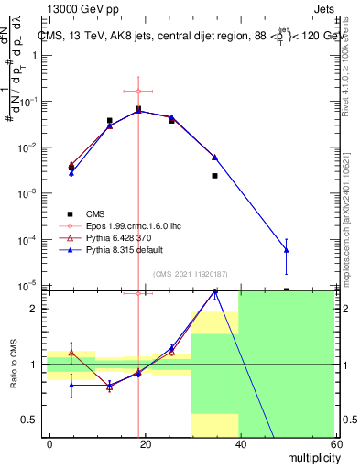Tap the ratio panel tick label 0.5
[29, 420]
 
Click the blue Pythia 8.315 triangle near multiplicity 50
[287, 249]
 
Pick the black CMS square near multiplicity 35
[214, 175]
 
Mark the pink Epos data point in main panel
[138, 91]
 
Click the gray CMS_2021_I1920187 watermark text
[190, 273]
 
